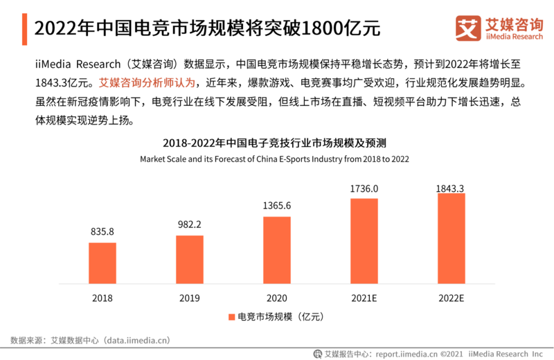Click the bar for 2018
click(x=102, y=263)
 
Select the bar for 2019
click(x=189, y=260)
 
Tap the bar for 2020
click(x=276, y=250)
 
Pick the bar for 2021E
click(x=364, y=241)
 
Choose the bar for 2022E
click(x=451, y=238)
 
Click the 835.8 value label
click(x=102, y=231)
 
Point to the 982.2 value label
click(x=189, y=224)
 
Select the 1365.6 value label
click(x=276, y=206)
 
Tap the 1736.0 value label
click(x=364, y=188)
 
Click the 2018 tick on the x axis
click(x=102, y=298)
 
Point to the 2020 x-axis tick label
click(x=276, y=298)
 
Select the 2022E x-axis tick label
click(x=451, y=298)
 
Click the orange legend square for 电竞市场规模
click(x=231, y=317)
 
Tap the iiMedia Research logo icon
click(x=468, y=28)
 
